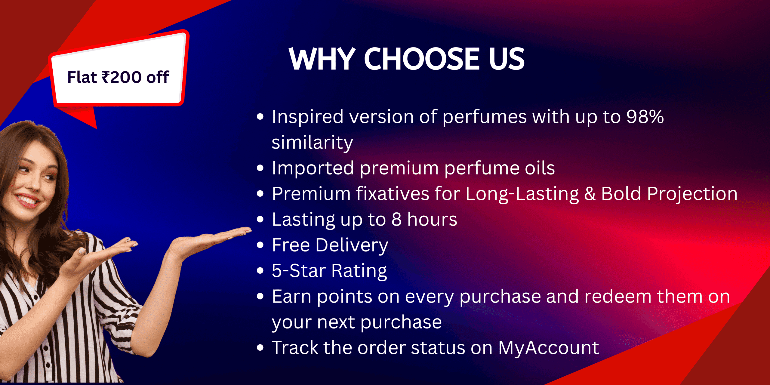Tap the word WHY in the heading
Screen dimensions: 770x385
click(322, 59)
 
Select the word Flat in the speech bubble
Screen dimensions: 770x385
click(82, 77)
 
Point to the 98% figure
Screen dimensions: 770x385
click(645, 117)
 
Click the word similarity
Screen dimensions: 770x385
click(312, 142)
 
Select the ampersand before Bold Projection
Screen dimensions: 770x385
click(590, 194)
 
